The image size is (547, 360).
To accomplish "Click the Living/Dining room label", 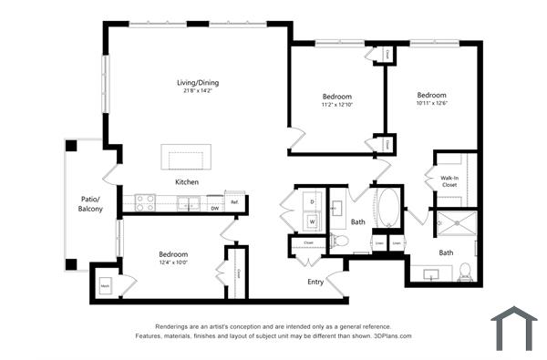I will (198, 83).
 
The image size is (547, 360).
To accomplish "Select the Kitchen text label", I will (188, 182).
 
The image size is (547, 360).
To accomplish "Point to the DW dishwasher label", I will (214, 208).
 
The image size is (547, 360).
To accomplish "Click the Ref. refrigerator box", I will (234, 201).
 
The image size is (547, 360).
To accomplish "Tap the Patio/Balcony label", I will (89, 203).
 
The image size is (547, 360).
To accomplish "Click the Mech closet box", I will (106, 283).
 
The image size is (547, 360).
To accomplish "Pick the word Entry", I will (315, 283).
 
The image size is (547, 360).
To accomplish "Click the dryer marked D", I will (312, 201).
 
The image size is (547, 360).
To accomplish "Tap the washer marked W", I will (312, 221).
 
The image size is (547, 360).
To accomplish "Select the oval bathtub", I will (387, 208).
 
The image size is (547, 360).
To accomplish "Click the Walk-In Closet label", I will (449, 180).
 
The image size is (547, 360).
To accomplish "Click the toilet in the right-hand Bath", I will (466, 272).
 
